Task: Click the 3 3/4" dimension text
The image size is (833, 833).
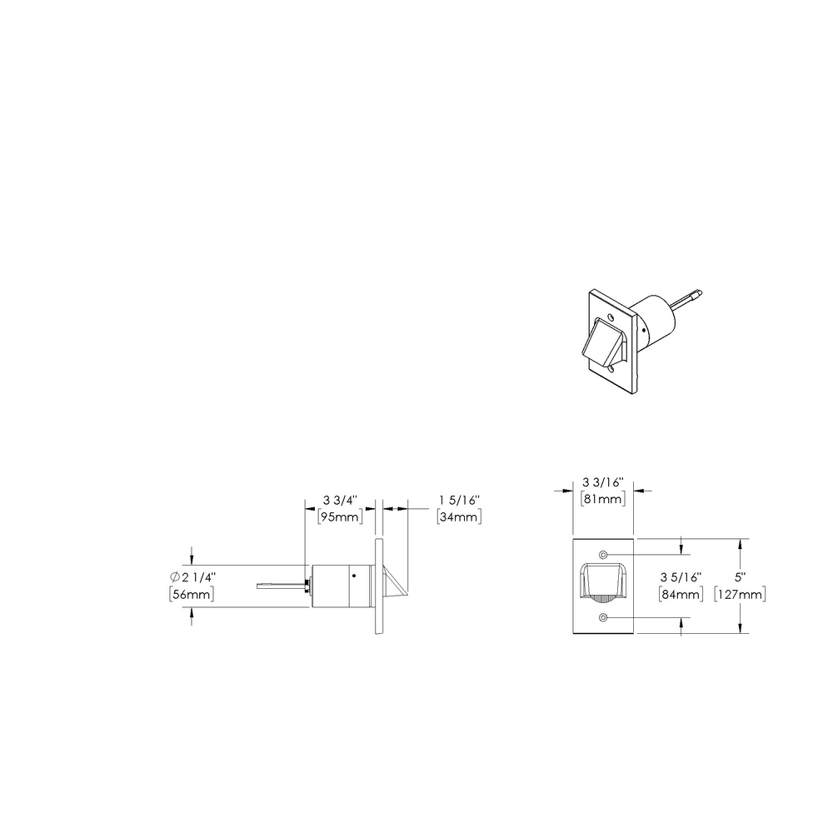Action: click(340, 501)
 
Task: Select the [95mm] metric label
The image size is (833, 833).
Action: click(340, 516)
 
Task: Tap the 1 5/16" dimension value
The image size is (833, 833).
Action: click(460, 501)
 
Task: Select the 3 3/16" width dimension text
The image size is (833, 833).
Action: click(603, 483)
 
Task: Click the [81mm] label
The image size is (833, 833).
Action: click(603, 499)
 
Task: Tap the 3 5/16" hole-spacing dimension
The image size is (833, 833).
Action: click(681, 577)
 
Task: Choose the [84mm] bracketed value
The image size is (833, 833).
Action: click(681, 594)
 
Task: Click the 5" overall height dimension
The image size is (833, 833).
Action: click(740, 577)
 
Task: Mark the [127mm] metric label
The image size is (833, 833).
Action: click(741, 594)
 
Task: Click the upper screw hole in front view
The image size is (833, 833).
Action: click(603, 555)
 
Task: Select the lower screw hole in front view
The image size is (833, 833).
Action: click(603, 617)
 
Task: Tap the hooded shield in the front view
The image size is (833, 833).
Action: click(602, 581)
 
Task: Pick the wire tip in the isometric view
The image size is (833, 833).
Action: click(699, 292)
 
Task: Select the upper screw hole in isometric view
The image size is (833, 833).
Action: click(612, 318)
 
